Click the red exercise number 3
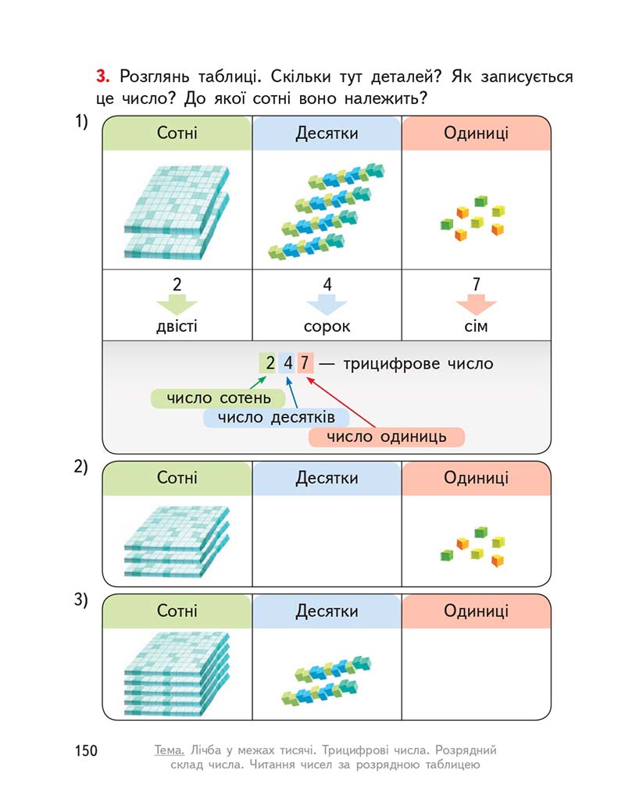(102, 77)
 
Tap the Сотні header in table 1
(177, 133)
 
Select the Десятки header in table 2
(327, 478)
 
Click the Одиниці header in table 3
(476, 611)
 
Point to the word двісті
(177, 326)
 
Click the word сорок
(327, 326)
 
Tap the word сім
(476, 326)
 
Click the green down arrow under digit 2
(177, 305)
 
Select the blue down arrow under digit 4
(327, 305)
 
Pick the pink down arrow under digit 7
(476, 305)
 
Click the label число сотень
(218, 398)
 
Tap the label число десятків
(276, 418)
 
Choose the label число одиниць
(387, 437)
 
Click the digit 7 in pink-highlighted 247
(305, 362)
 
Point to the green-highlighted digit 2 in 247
(270, 362)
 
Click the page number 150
(86, 750)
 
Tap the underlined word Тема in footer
(170, 750)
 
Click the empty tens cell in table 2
(327, 540)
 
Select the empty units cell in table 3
(476, 674)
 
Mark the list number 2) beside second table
(81, 466)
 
